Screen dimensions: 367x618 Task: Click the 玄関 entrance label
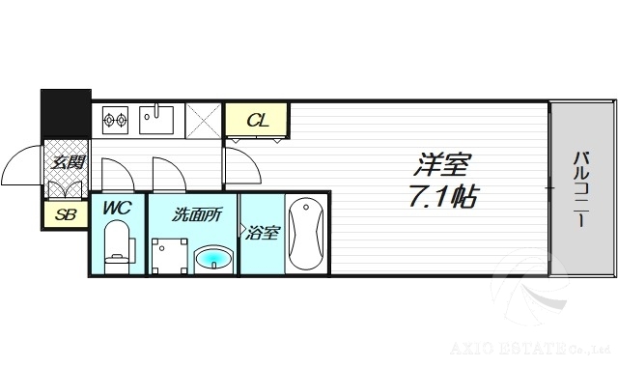coord(67,161)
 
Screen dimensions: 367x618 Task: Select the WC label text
coord(117,209)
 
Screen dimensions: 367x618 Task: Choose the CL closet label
coord(256,121)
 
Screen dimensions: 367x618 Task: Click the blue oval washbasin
coord(212,259)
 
